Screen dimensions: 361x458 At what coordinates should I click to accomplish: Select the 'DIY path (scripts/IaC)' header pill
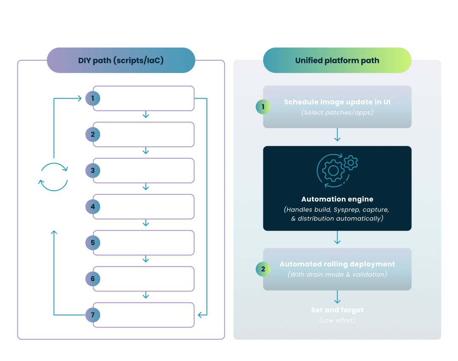tap(121, 60)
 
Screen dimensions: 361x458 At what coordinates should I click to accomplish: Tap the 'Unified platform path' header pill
tap(337, 60)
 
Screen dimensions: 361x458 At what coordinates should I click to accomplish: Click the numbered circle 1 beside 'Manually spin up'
tap(92, 99)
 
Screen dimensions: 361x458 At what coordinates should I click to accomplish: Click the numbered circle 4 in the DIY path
tap(92, 207)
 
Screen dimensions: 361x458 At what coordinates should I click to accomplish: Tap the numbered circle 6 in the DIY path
tap(92, 279)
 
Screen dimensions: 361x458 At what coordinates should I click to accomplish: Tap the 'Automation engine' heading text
tap(337, 199)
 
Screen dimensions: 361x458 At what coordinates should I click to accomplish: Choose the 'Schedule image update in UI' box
tap(337, 107)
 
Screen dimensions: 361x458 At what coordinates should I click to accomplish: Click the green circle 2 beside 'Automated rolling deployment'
tap(263, 269)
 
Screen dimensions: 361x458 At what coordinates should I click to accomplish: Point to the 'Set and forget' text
tap(337, 310)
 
